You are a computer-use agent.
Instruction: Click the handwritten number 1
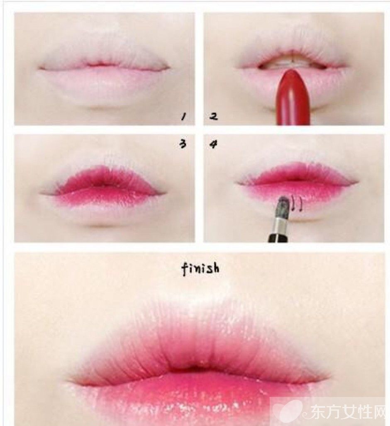184,117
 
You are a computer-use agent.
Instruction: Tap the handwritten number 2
213,117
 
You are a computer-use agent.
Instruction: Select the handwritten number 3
183,144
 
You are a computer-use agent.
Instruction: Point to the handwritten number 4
213,144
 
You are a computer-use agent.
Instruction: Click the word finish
200,269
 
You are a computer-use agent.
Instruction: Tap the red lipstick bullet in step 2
292,97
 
